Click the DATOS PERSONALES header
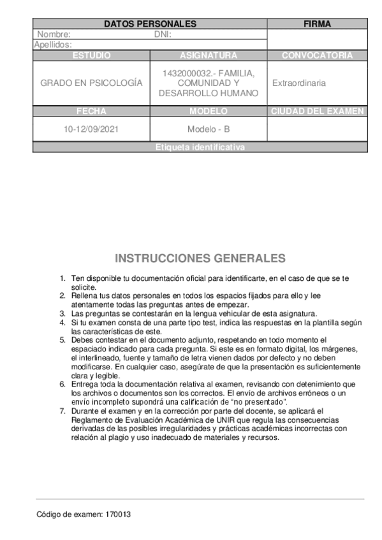point(150,24)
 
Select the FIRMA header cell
point(317,24)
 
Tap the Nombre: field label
point(54,34)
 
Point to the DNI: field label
point(163,34)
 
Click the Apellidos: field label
point(53,45)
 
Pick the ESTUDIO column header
point(91,55)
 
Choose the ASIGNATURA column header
point(208,55)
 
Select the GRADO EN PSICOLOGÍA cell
point(91,83)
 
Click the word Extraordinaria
point(299,83)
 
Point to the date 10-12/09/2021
point(91,129)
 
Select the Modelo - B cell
point(208,129)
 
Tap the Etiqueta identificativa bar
point(200,147)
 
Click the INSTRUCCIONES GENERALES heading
point(200,259)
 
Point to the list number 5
point(62,340)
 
